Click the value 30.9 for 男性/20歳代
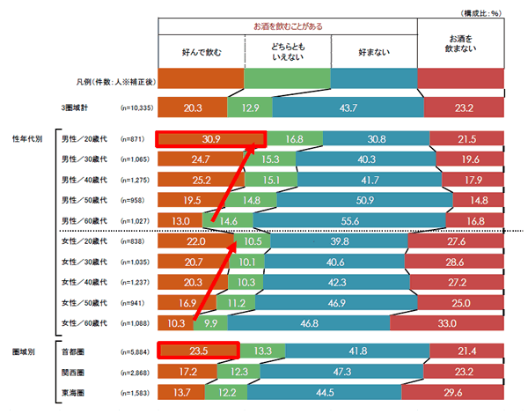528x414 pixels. coord(210,139)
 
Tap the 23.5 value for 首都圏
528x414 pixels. coord(198,351)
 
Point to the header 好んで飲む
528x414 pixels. coord(201,52)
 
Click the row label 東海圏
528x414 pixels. coord(72,391)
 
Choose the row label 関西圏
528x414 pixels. coord(72,371)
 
